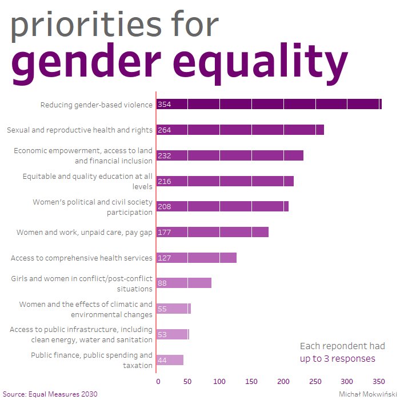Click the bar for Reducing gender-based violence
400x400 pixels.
269,104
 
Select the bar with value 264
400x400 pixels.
240,130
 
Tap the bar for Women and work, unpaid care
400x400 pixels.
212,232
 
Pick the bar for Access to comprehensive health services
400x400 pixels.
197,258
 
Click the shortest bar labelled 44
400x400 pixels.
170,360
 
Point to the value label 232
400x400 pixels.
165,155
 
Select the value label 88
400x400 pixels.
162,283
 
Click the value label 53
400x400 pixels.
162,334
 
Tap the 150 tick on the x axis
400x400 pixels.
252,381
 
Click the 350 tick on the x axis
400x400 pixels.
378,381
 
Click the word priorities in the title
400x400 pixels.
114,26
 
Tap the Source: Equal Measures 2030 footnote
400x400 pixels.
50,394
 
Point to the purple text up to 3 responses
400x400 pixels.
337,359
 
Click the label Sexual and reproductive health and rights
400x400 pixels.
79,130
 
